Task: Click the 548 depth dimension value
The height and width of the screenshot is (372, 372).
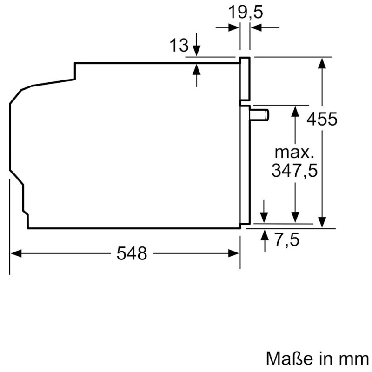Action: point(132,253)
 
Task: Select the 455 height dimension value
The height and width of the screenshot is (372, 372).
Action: point(321,120)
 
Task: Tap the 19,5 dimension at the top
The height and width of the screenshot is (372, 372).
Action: point(246,12)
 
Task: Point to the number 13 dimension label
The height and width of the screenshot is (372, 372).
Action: point(179,46)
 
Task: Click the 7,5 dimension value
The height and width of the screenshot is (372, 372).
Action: point(285,241)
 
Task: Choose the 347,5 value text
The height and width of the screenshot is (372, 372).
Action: point(294,171)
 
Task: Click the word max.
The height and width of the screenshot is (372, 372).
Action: point(294,152)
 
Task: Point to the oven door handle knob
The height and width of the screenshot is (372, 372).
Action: point(260,114)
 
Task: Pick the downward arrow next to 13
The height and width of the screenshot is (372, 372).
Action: point(196,51)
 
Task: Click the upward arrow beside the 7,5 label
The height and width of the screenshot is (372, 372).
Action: point(264,234)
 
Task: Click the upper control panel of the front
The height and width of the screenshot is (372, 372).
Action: point(246,79)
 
